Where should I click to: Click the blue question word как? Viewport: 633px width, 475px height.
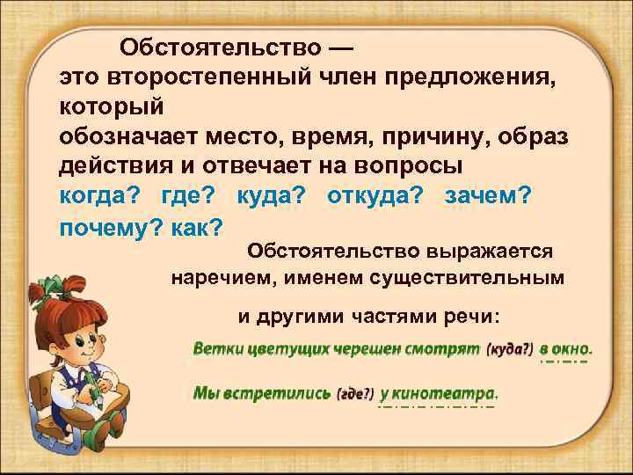coord(198,227)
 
